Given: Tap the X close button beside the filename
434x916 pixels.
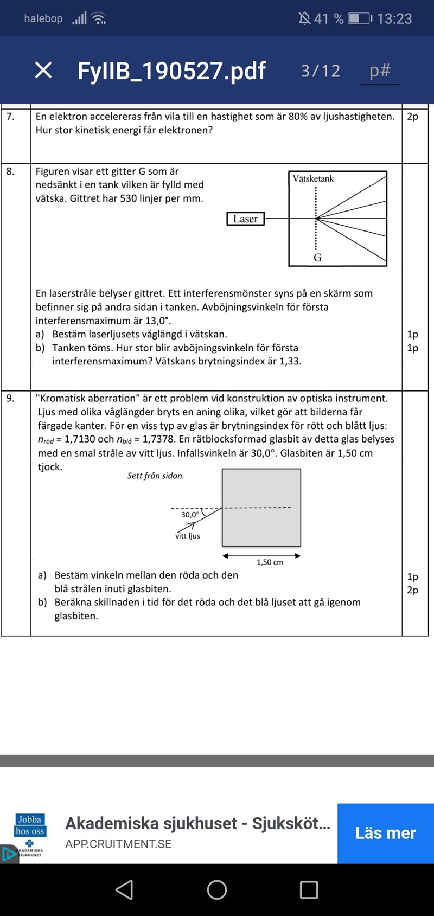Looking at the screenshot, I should click(x=43, y=70).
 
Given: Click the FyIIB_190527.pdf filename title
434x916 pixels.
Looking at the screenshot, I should click(x=171, y=71).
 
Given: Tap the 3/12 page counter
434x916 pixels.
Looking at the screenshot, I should click(x=321, y=71).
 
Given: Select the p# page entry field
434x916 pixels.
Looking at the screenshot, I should click(x=380, y=71).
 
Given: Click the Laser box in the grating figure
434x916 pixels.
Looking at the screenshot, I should click(x=245, y=219).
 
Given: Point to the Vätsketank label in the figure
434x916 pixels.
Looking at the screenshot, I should click(x=313, y=178).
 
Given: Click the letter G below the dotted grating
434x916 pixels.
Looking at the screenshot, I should click(x=317, y=258).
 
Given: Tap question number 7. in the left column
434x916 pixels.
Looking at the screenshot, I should click(x=10, y=117).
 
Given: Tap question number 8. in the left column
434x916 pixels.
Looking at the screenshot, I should click(x=10, y=171).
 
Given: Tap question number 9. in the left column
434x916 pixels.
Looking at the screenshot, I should click(x=10, y=398).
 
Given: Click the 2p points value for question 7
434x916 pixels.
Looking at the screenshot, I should click(x=412, y=117).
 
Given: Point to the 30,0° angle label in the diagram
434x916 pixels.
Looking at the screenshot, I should click(x=190, y=515).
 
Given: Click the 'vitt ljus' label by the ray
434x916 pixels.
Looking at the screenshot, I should click(x=188, y=536).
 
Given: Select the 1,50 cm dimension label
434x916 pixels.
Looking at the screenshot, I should click(x=270, y=562).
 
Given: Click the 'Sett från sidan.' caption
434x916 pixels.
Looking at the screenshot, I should click(x=156, y=476).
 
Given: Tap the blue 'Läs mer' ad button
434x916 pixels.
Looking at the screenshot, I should click(x=385, y=833).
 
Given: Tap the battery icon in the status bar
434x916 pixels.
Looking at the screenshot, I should click(x=358, y=18).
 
